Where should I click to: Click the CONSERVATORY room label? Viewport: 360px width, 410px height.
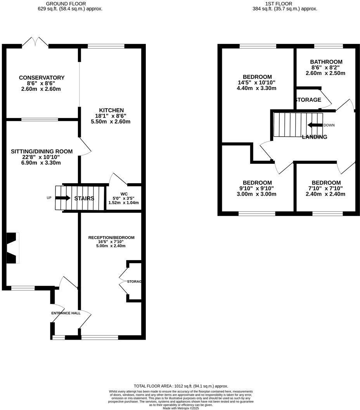(42, 78)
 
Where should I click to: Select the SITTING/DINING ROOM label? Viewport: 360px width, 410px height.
(42, 151)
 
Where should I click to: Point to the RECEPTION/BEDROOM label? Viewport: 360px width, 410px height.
(111, 238)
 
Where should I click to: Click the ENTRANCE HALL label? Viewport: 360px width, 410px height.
(66, 313)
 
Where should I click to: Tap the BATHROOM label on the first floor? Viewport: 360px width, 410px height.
(326, 62)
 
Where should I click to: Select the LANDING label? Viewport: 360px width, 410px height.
(314, 137)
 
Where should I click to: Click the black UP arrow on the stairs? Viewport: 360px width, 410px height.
(62, 198)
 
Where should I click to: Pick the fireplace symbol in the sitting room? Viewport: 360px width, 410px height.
(12, 248)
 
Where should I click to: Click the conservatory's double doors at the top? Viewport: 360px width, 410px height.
(35, 42)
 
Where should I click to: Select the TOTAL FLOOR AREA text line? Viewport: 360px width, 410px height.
(180, 386)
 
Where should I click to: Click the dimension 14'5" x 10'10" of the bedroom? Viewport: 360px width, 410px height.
(256, 82)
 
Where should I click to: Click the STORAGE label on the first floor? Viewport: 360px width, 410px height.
(308, 100)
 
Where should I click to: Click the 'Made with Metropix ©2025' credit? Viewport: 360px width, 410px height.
(180, 408)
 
